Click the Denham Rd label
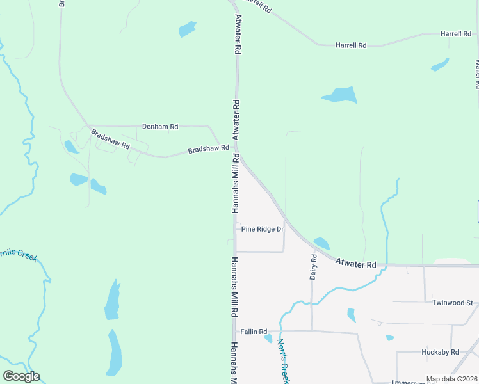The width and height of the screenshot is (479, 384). pos(160,127)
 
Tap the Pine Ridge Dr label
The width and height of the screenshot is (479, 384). pos(262,229)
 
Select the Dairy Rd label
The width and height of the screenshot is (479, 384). pos(314,267)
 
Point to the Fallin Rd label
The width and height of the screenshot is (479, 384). pos(253,332)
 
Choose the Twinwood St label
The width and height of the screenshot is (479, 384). pos(451,303)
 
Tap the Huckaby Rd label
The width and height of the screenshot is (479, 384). pos(440,352)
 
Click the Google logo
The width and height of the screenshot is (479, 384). pos(21,376)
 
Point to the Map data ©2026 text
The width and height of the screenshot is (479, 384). pos(452,379)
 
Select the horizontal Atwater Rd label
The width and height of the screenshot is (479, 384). pos(355,264)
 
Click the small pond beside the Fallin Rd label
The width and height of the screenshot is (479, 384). pos(268,339)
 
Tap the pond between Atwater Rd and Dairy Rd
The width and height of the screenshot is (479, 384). pos(321,243)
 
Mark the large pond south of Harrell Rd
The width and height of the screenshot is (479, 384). pos(339,95)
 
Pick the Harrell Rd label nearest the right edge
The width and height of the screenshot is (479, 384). pos(455,33)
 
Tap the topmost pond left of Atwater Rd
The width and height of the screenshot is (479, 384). pos(187,29)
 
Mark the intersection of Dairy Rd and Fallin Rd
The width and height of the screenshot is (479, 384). pos(312,331)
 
